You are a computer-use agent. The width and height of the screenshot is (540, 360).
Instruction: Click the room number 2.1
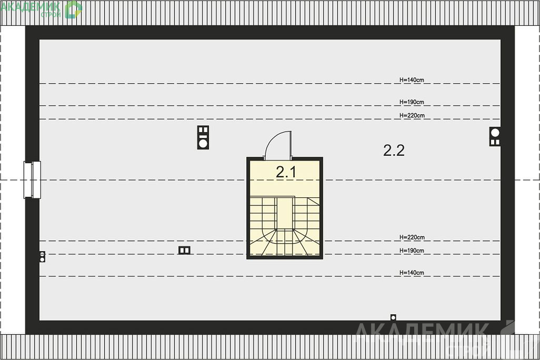pos(286,172)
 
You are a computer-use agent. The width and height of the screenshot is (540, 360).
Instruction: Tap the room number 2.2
pos(394,150)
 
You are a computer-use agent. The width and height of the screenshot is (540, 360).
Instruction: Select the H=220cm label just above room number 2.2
pos(412,115)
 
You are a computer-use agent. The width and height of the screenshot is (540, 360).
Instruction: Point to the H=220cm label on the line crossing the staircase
pos(412,237)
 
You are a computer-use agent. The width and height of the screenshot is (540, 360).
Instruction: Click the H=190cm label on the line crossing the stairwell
pos(412,251)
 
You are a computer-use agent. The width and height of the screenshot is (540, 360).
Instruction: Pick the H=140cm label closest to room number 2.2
pos(412,79)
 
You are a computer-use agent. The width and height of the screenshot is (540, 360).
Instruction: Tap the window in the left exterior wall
pos(32,180)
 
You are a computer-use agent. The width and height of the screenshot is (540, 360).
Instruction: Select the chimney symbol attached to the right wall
pos(495,136)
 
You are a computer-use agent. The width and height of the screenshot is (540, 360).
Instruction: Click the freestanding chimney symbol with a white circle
pos(203,137)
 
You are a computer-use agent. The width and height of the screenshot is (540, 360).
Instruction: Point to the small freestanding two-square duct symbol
pos(184,250)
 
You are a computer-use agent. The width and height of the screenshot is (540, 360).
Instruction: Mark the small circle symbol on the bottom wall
pos(393,317)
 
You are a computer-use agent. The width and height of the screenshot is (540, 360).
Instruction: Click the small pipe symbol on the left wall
pos(42,257)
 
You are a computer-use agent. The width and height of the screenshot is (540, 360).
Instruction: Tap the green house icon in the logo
pos(73,9)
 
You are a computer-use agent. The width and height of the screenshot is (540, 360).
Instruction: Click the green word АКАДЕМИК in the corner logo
pos(31,6)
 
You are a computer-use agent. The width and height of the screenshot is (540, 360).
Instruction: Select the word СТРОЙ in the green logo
pos(51,14)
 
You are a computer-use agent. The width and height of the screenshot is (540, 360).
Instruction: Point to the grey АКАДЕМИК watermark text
pos(421,331)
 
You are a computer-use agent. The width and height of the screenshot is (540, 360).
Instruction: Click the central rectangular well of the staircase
pos(285,214)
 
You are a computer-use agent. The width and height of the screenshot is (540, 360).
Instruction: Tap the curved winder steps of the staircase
pos(284,243)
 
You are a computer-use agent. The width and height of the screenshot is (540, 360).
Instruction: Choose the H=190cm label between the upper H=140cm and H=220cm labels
pos(412,102)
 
